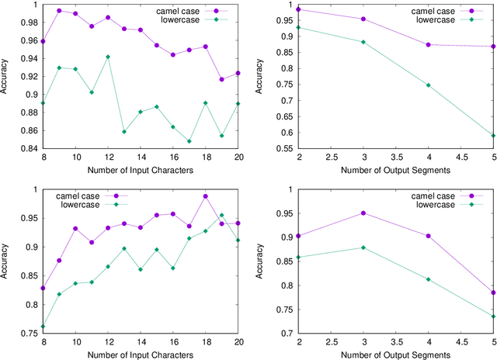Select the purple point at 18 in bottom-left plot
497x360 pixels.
[205, 196]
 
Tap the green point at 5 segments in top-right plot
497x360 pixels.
[493, 136]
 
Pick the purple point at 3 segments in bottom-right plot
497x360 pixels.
[385, 213]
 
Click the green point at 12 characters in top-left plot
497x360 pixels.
[108, 57]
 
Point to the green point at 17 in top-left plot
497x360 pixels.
[189, 141]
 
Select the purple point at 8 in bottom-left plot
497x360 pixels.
[43, 288]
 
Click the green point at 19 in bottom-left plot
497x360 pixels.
[221, 216]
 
